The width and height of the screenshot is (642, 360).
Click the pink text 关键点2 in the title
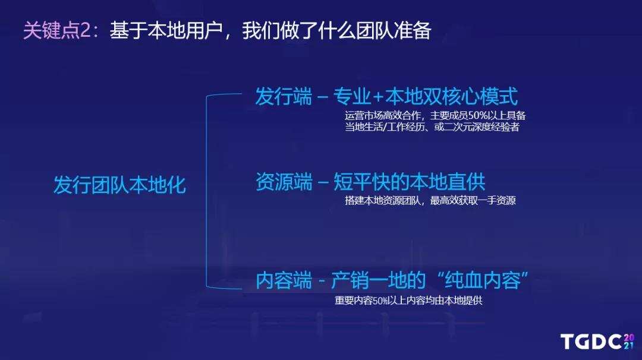point(57,30)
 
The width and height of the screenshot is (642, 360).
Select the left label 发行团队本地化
point(119,185)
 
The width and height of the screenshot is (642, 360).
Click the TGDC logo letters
point(591,342)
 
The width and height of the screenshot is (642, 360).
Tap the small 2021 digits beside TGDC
point(629,342)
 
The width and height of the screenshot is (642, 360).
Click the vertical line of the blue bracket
point(206,190)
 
